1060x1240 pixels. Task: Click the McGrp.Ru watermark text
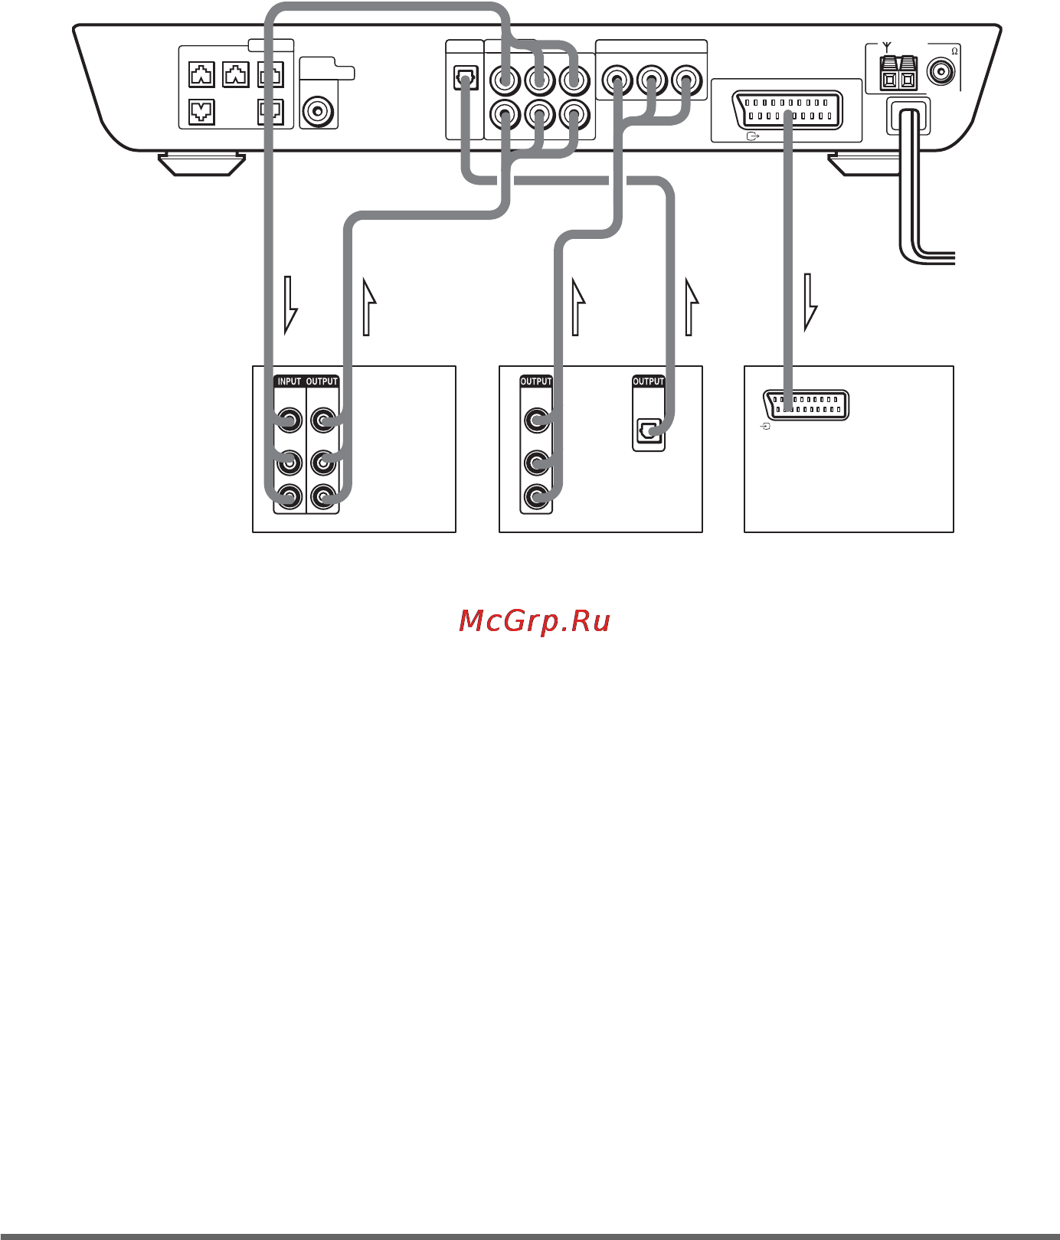(x=535, y=621)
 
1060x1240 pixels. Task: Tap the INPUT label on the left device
(x=290, y=381)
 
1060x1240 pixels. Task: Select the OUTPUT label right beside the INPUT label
(x=322, y=381)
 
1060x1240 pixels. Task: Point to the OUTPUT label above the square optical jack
(x=648, y=381)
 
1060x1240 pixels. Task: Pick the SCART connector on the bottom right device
(x=806, y=404)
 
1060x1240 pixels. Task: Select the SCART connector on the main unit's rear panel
(x=787, y=110)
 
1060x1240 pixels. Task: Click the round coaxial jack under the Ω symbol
(x=941, y=72)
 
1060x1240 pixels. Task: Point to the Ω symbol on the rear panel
(x=954, y=51)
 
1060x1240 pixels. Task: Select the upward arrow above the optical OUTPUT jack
(x=692, y=306)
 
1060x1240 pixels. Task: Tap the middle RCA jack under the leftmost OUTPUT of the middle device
(x=536, y=463)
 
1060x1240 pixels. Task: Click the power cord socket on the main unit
(x=908, y=116)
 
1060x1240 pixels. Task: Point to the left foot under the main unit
(x=201, y=164)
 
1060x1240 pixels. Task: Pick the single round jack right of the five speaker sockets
(x=318, y=112)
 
